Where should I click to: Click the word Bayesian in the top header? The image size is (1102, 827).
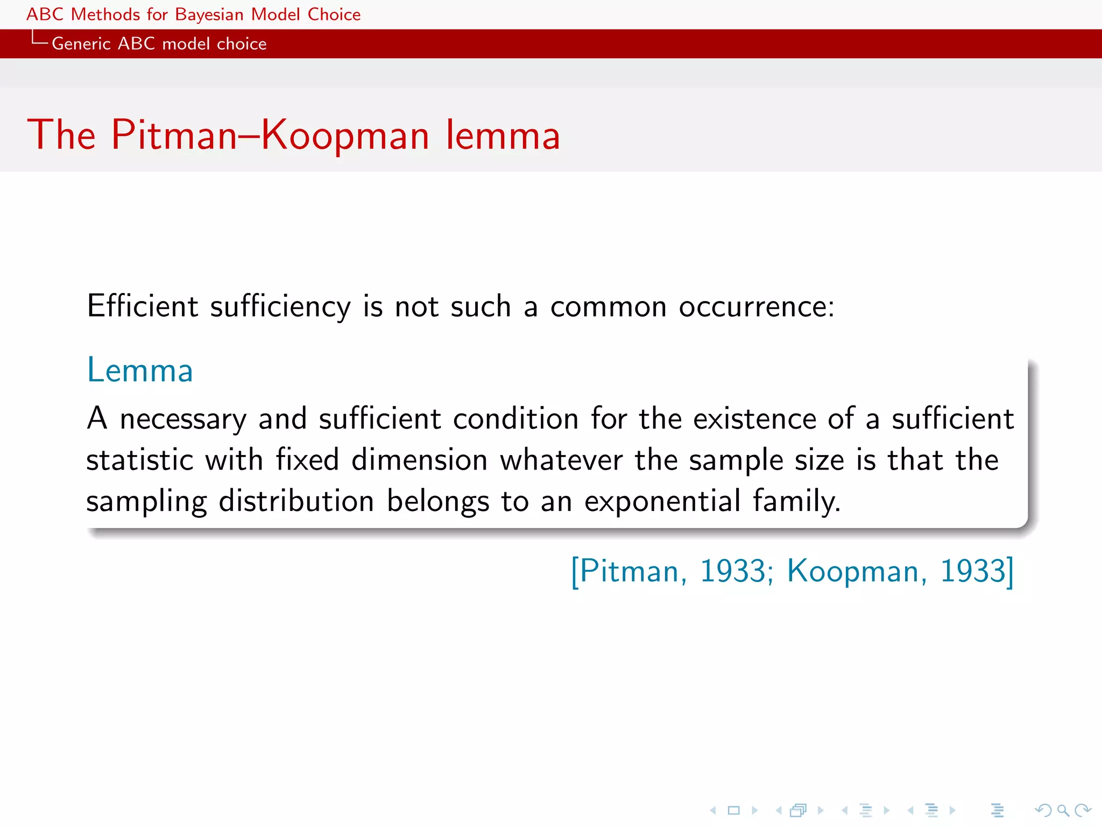tap(209, 15)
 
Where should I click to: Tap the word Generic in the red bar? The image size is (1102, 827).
tap(81, 44)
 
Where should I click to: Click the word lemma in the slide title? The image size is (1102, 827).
tap(503, 135)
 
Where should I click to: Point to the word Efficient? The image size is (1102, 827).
tap(143, 306)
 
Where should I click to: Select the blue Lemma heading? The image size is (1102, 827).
tap(140, 370)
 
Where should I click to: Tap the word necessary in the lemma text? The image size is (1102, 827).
tap(183, 419)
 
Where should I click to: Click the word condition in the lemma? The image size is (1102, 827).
tap(515, 419)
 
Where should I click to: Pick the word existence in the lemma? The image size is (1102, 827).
tap(754, 419)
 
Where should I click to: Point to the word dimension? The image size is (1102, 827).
tap(419, 460)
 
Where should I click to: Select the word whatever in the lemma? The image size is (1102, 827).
tap(561, 460)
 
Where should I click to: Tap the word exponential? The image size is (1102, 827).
tap(662, 502)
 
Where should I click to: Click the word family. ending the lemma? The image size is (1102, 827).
tap(796, 502)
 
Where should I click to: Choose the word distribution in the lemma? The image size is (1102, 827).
tap(296, 502)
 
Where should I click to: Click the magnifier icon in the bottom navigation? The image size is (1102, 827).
tap(1063, 810)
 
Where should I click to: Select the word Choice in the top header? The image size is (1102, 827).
tap(334, 15)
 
